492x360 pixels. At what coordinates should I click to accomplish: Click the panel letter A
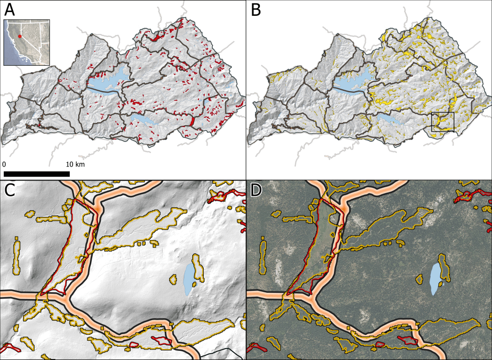click(x=10, y=10)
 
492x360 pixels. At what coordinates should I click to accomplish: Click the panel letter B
click(x=256, y=10)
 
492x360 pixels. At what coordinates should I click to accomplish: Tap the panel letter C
click(x=10, y=191)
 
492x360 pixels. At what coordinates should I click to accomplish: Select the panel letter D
click(x=256, y=191)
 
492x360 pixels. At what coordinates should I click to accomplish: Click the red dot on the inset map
click(x=20, y=36)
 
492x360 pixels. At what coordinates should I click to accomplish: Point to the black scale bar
click(x=37, y=174)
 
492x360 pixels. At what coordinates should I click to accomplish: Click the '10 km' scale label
click(x=76, y=165)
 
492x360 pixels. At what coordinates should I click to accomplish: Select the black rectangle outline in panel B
click(x=443, y=121)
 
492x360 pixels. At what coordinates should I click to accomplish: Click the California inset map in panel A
click(x=27, y=42)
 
